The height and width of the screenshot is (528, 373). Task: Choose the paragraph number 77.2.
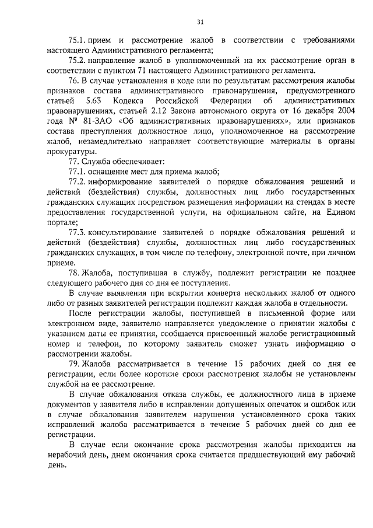click(77, 181)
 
